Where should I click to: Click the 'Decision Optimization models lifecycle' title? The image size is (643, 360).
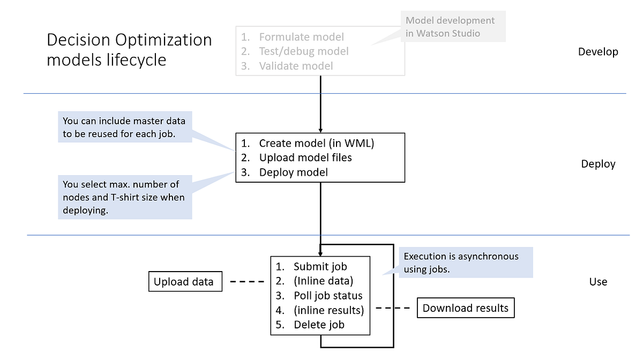click(129, 49)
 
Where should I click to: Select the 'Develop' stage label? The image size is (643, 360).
click(598, 52)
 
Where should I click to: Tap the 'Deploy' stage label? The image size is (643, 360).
click(598, 164)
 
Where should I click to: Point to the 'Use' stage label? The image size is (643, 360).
click(598, 282)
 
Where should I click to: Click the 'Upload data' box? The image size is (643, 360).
click(184, 282)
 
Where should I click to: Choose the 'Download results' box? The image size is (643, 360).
click(465, 308)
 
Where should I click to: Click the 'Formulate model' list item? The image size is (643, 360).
click(301, 37)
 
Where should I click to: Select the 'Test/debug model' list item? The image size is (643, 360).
click(303, 51)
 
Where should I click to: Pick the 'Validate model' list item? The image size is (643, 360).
click(296, 66)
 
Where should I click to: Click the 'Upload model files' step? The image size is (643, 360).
click(305, 157)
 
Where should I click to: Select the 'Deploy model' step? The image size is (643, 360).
click(293, 172)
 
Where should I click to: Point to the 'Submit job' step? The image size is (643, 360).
click(320, 266)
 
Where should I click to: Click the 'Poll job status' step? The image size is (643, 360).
click(327, 296)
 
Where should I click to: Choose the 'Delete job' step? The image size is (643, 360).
click(319, 325)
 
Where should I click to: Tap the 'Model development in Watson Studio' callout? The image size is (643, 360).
click(450, 27)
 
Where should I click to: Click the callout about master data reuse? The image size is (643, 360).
click(124, 127)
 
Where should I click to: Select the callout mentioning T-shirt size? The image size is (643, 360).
click(124, 197)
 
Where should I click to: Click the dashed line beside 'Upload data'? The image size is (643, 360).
click(247, 281)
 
